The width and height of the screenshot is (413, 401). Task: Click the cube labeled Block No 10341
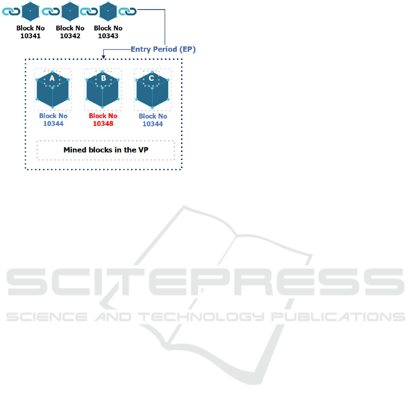[31, 11]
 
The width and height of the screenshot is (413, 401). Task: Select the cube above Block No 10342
[70, 11]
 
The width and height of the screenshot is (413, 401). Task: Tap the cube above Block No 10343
[108, 11]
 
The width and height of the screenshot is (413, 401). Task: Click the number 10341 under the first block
[31, 36]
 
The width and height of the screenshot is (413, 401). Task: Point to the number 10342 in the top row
[70, 36]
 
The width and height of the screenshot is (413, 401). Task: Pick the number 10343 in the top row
[108, 36]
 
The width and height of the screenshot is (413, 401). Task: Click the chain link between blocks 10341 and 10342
[50, 11]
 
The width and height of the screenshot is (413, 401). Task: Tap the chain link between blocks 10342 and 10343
[89, 11]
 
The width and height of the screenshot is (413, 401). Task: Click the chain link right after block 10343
[127, 11]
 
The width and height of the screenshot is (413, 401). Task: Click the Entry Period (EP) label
[163, 49]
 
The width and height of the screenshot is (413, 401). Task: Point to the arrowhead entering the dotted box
[104, 57]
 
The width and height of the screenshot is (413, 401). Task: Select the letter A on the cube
[52, 79]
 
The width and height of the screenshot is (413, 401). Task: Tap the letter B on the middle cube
[103, 78]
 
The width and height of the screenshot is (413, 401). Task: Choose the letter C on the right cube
[152, 78]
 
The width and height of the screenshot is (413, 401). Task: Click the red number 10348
[103, 123]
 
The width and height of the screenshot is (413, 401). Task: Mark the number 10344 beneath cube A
[53, 123]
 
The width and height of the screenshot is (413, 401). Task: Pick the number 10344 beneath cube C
[153, 124]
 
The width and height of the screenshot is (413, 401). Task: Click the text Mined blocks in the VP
[106, 150]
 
